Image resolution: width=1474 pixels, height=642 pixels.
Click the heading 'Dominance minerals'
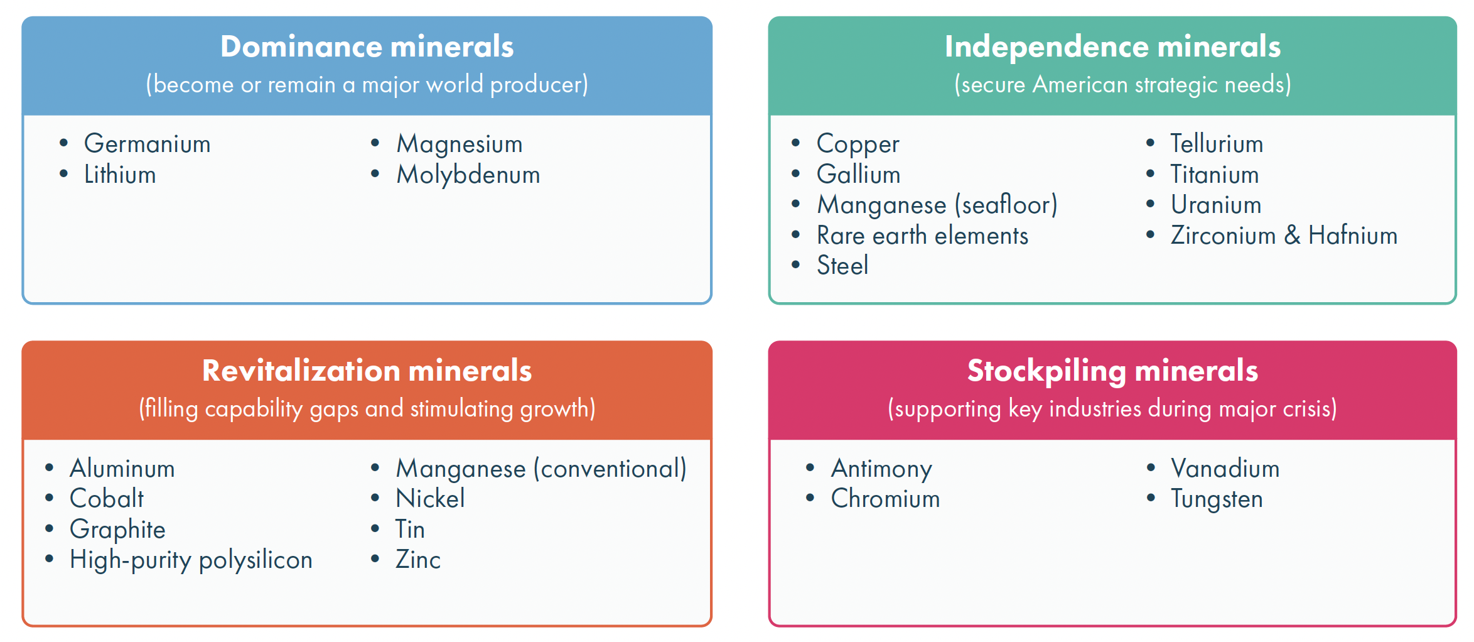367,46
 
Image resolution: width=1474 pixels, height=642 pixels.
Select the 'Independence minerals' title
1112,46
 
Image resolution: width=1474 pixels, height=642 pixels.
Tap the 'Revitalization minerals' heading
367,371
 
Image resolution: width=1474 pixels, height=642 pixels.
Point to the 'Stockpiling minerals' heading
1112,371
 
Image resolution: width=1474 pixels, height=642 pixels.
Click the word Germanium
148,144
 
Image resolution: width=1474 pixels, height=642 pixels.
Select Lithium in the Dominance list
120,175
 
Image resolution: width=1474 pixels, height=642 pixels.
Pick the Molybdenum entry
468,175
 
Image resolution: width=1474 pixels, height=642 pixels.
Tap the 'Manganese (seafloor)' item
937,205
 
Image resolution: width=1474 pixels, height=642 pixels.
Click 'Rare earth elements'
922,236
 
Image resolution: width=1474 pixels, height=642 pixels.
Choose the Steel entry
842,266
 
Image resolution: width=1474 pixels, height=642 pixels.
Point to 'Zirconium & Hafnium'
1284,236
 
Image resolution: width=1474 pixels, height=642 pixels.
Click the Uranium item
1216,205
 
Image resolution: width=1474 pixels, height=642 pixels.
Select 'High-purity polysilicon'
191,560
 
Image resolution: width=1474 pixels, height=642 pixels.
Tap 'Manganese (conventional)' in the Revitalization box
541,469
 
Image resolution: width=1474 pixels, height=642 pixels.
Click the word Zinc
418,560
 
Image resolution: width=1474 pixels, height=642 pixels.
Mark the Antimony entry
881,469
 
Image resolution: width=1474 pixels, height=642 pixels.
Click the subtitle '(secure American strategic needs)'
1122,84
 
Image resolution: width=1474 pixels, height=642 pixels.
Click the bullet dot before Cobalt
50,498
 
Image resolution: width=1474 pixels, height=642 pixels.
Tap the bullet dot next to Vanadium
1151,467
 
